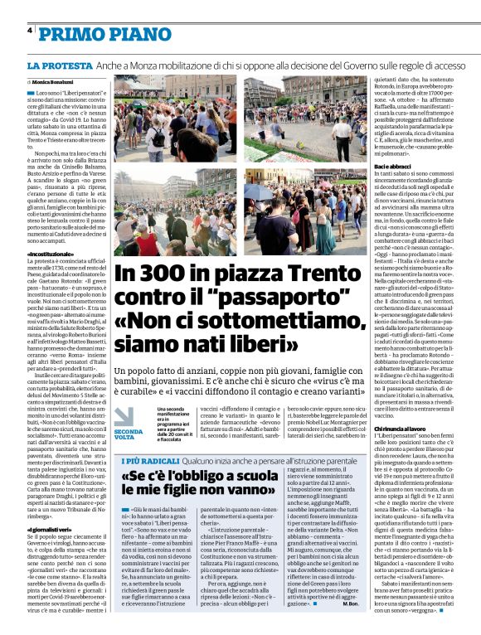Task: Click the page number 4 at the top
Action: [x=31, y=31]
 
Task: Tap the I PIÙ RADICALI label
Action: [x=148, y=459]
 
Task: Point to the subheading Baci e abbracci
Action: [x=392, y=168]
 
